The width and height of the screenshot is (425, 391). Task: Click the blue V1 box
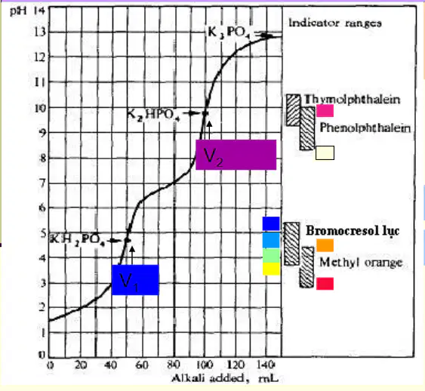[135, 280]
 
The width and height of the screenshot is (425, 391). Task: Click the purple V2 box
[236, 155]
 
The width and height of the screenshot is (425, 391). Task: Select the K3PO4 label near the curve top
[229, 32]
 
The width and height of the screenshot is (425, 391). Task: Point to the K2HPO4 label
[153, 115]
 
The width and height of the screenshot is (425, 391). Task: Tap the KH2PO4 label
[78, 239]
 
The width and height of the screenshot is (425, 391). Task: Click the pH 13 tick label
[40, 32]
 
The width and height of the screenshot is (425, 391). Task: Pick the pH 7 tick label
[42, 183]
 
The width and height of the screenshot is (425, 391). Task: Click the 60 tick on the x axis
[142, 365]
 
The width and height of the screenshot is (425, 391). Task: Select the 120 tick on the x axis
[236, 365]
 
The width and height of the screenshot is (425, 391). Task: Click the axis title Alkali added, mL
[225, 378]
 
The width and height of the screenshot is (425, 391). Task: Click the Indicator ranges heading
[335, 23]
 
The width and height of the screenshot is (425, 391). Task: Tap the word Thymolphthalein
[352, 100]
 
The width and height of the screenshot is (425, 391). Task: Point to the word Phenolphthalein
[365, 128]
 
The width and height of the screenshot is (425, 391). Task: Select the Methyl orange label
[361, 263]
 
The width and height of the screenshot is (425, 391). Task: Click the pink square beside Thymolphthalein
[325, 111]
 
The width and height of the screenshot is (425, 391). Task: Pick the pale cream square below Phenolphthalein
[325, 152]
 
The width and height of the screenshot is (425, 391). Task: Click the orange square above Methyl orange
[325, 245]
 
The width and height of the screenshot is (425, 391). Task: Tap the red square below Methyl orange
[325, 284]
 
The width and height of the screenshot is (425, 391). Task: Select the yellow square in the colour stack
[271, 269]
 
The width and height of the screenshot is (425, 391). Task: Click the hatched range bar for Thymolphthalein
[293, 110]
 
